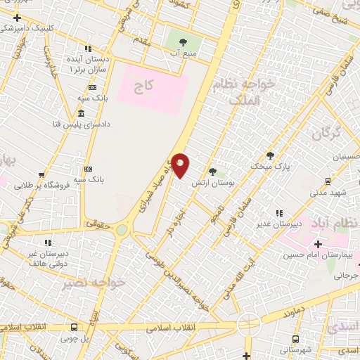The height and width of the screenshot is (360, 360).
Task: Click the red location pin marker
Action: coord(181,165)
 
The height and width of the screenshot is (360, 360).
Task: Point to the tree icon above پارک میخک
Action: coord(270,155)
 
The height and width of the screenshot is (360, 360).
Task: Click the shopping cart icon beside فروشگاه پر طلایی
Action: coord(41,175)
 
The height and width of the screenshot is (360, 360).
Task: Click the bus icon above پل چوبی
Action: coord(74,327)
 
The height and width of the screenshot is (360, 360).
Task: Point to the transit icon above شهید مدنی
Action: coord(327,180)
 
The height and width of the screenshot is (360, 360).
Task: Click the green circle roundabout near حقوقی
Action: coord(122,230)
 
